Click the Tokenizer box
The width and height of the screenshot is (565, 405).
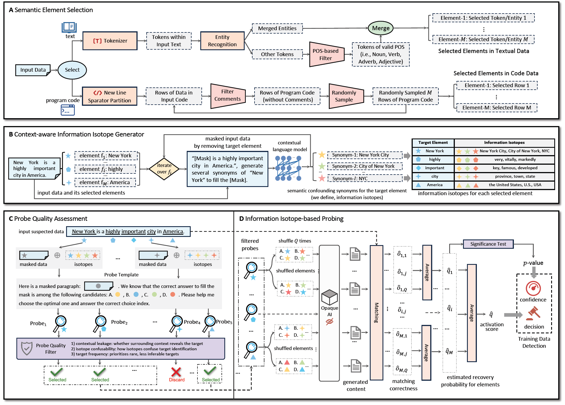point(110,41)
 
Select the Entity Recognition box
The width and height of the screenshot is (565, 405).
point(222,41)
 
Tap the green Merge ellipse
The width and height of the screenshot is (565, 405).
point(381,28)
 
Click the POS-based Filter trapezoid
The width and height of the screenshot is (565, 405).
point(327,54)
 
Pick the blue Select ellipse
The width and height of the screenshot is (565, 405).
point(72,70)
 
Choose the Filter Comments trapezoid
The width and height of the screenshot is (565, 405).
point(227,95)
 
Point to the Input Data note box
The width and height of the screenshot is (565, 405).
point(33,70)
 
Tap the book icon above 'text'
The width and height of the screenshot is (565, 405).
point(69,27)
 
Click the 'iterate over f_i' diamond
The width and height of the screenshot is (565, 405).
point(164,169)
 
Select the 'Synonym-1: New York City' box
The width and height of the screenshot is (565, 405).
point(365,155)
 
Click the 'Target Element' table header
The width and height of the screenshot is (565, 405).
point(433,143)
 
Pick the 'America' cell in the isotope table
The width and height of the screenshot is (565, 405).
point(434,185)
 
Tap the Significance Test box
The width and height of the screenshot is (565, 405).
point(488,244)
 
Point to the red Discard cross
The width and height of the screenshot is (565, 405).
point(176,372)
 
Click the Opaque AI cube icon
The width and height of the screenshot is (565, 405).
point(329,297)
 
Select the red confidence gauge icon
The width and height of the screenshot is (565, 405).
point(533,288)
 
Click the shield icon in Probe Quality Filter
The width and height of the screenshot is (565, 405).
point(27,349)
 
